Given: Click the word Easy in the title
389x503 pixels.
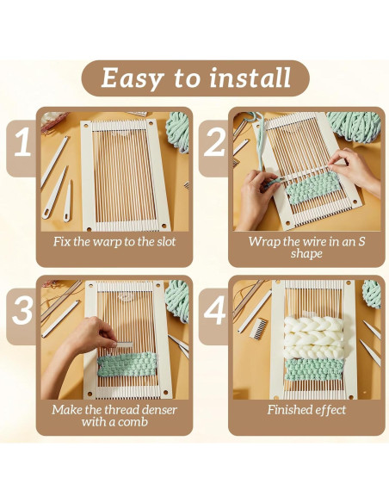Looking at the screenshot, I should click(x=131, y=78).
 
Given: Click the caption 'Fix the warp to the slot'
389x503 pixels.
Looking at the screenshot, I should click(x=114, y=242).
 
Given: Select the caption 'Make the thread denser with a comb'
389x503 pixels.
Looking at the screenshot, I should click(x=114, y=416).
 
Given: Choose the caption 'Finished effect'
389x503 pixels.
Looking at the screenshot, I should click(x=307, y=410).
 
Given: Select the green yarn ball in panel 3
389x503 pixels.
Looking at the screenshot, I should click(x=179, y=297).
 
